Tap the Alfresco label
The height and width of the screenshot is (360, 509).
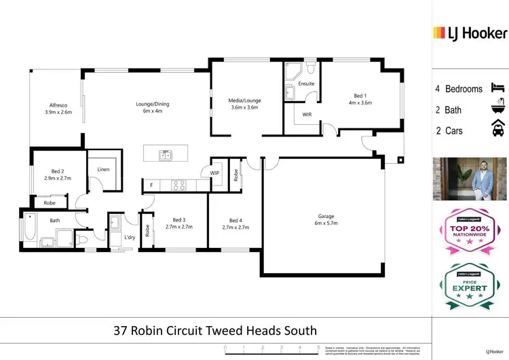pos(58,105)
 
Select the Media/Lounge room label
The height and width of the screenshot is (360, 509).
pos(244,101)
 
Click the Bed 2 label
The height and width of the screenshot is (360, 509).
pos(58,171)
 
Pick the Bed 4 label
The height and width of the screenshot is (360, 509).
pos(235,220)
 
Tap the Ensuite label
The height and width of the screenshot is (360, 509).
pos(306,84)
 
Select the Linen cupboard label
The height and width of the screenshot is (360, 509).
pos(103,169)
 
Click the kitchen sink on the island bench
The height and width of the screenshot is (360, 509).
pos(165,155)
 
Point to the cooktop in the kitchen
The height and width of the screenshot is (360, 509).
pos(178,183)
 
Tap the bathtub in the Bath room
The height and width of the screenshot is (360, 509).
pos(29,230)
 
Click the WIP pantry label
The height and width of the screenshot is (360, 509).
pos(215,173)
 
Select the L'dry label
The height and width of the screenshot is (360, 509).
pos(129,237)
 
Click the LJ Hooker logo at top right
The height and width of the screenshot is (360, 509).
pos(470,33)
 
